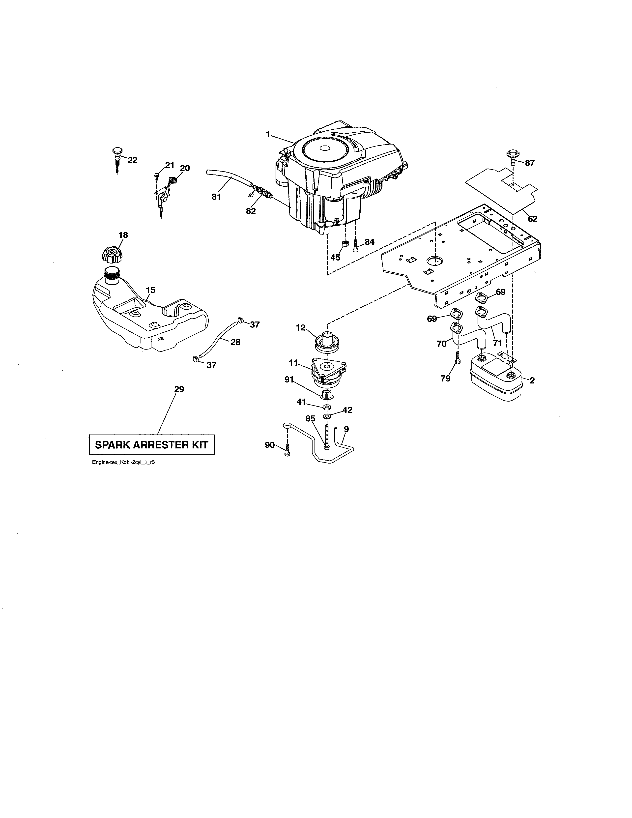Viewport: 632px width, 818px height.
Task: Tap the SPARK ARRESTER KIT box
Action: tap(152, 445)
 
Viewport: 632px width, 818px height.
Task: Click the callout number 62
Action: tap(532, 219)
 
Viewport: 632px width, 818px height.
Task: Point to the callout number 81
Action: tap(216, 197)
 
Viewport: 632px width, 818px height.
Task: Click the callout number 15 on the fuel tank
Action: tap(150, 290)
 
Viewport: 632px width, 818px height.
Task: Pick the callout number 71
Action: tap(497, 342)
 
